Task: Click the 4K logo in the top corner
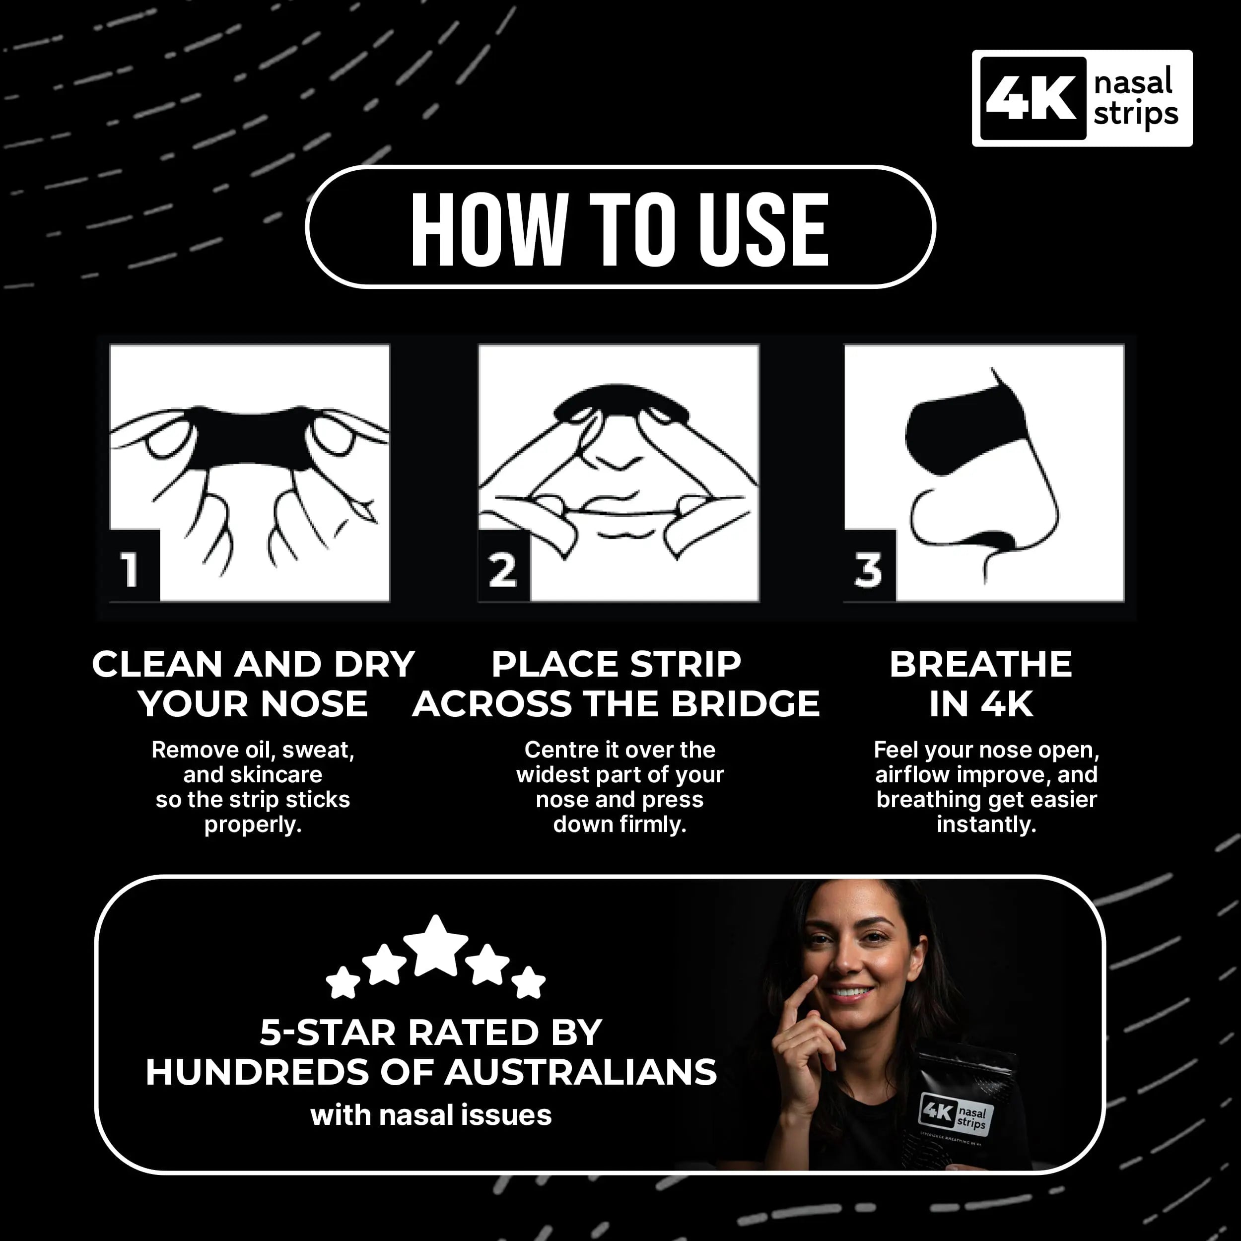point(1082,98)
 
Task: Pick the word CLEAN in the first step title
point(157,664)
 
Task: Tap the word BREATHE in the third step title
point(981,664)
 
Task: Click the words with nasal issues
point(431,1116)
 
